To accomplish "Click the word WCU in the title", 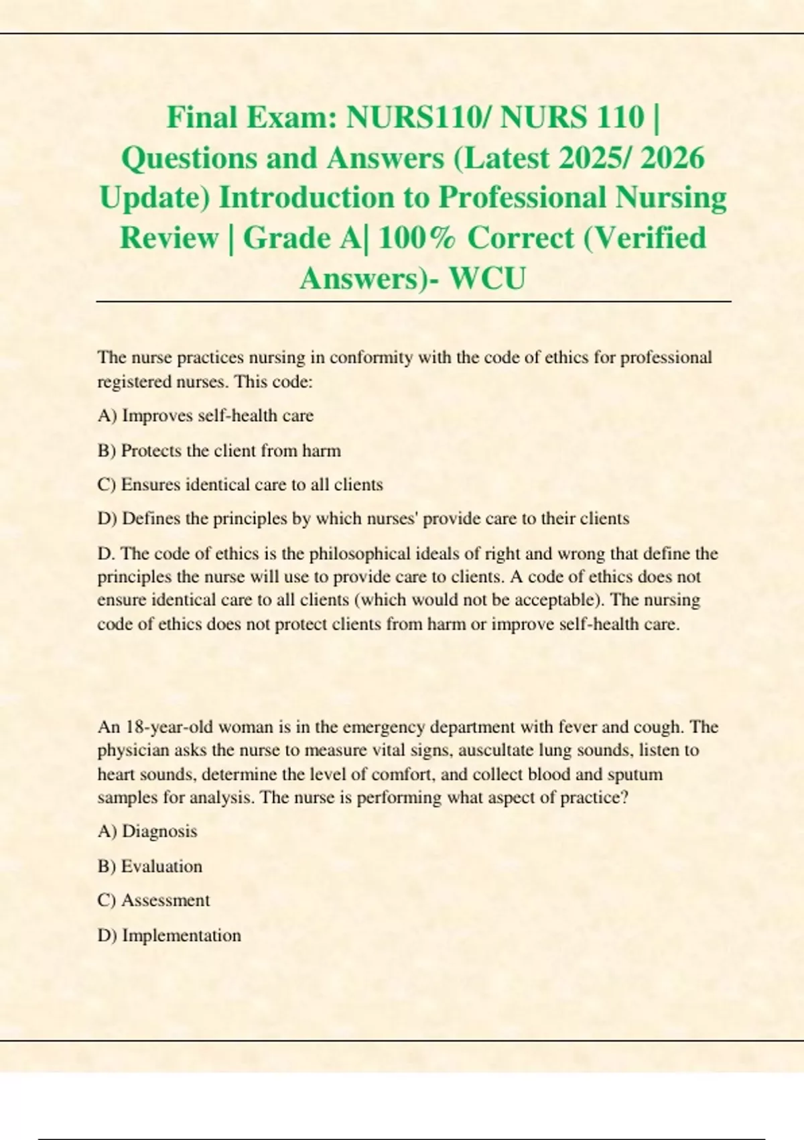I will [x=487, y=278].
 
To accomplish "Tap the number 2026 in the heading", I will [x=671, y=158].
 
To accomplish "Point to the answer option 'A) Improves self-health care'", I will [x=205, y=416].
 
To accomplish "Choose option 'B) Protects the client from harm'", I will [x=219, y=451].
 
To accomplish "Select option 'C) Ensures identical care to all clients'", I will [x=240, y=485].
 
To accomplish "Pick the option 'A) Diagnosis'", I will [x=147, y=832].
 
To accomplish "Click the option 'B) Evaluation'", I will [x=149, y=866].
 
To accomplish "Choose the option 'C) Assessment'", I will [x=153, y=901].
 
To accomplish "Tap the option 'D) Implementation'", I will [x=169, y=935].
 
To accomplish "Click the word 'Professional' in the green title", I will [x=523, y=198].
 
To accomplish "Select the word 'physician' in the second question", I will [x=133, y=750].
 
